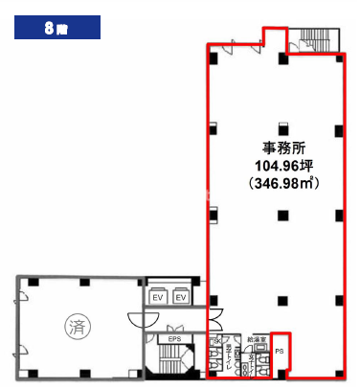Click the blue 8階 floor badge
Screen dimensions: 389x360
[x=56, y=27]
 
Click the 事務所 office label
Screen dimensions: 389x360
[x=281, y=149]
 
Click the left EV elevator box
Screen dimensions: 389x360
[x=159, y=298]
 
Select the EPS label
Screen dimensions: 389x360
[x=174, y=338]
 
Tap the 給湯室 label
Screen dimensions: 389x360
[x=255, y=339]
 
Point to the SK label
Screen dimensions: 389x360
[x=217, y=342]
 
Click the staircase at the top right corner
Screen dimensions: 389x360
[x=314, y=39]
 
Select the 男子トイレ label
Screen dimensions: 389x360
[x=229, y=358]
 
